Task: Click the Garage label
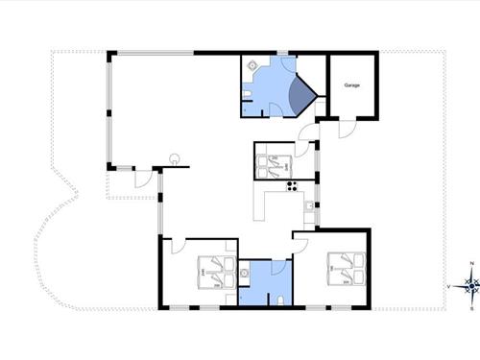(x=351, y=85)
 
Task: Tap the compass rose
(x=469, y=284)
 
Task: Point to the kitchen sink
(x=306, y=204)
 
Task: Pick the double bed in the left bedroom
(x=212, y=273)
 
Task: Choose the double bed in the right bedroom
(x=345, y=267)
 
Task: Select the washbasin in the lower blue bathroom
(x=246, y=275)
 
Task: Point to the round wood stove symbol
(x=175, y=156)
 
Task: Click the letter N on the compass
(x=469, y=264)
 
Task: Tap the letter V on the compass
(x=449, y=285)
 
